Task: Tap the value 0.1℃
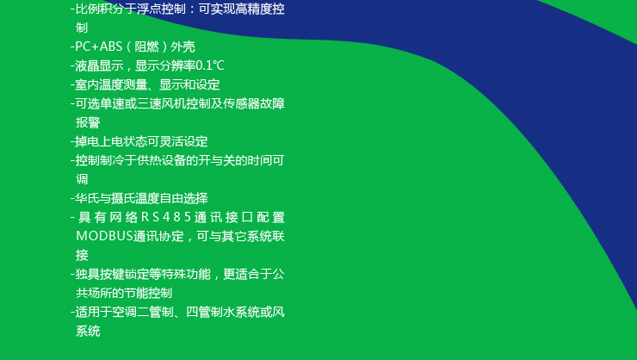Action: click(210, 65)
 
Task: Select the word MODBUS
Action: click(105, 236)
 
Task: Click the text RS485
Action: click(166, 217)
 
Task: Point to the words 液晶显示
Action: click(100, 65)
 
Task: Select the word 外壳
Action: click(182, 47)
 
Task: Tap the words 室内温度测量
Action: click(112, 84)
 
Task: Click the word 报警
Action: click(88, 122)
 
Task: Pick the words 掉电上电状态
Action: click(111, 141)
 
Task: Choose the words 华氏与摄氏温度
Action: click(117, 198)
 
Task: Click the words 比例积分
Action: click(100, 9)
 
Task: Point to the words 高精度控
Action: click(260, 9)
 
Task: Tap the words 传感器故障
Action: click(254, 103)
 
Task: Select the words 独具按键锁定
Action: click(112, 274)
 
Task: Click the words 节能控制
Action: click(148, 293)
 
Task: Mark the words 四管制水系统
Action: click(223, 312)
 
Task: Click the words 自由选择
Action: click(183, 198)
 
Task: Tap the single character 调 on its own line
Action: click(82, 179)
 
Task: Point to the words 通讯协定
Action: click(158, 236)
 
